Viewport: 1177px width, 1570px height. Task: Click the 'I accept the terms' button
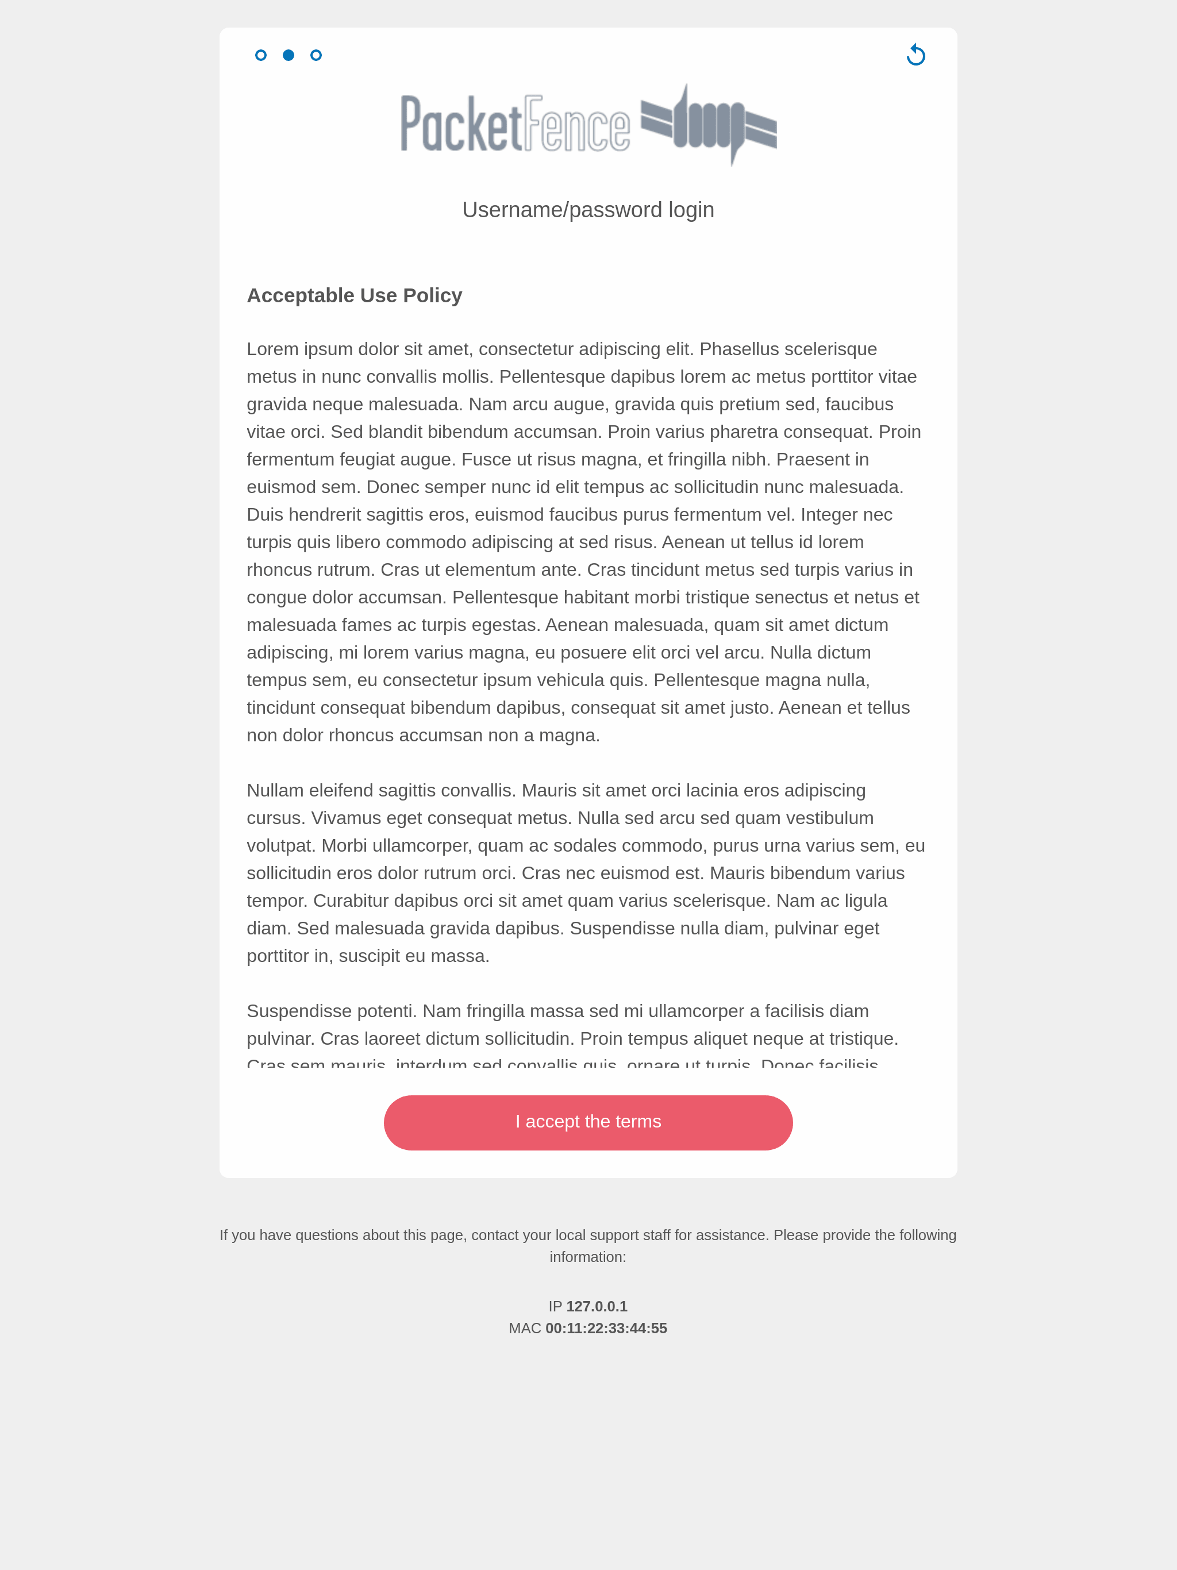(588, 1122)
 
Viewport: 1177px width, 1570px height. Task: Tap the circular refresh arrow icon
(916, 55)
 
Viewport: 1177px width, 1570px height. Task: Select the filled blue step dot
(289, 55)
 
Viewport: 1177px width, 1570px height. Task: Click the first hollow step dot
(260, 55)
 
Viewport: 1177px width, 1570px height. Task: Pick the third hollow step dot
(316, 55)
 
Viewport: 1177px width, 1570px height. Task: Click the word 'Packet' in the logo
(461, 125)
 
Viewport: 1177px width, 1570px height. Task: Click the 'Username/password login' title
(588, 210)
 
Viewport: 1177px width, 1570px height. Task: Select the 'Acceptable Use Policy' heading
(354, 295)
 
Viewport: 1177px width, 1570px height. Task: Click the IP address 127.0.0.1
(597, 1307)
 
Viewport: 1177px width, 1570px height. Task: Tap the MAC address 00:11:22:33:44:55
(606, 1329)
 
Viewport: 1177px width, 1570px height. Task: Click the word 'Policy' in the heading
(432, 295)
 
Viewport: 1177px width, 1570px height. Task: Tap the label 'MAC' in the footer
(525, 1329)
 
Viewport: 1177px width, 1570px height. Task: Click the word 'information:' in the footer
(588, 1257)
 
